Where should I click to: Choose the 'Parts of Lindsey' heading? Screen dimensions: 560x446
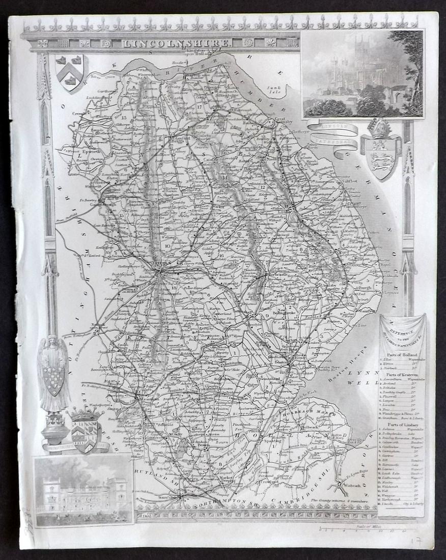402,424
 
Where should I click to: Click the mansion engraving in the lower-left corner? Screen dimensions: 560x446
83,490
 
